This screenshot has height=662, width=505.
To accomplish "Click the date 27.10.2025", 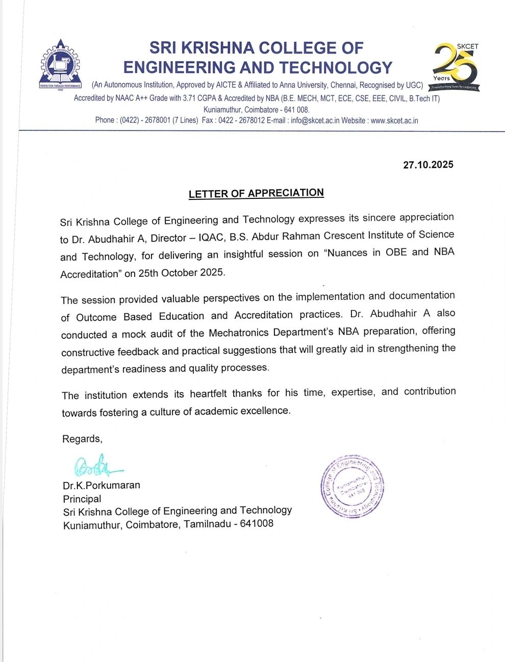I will [x=428, y=165].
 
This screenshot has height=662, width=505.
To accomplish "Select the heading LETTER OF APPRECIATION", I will [x=256, y=193].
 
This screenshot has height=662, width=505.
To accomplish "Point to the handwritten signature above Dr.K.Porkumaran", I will [x=97, y=466].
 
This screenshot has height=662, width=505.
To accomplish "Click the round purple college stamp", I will [x=352, y=486].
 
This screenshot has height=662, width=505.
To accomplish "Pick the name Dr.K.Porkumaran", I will [x=102, y=485].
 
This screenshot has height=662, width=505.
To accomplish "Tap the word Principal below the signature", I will [x=82, y=499].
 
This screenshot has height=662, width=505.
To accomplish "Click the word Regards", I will [x=82, y=439].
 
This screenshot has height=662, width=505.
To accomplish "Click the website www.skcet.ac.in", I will [x=394, y=121].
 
